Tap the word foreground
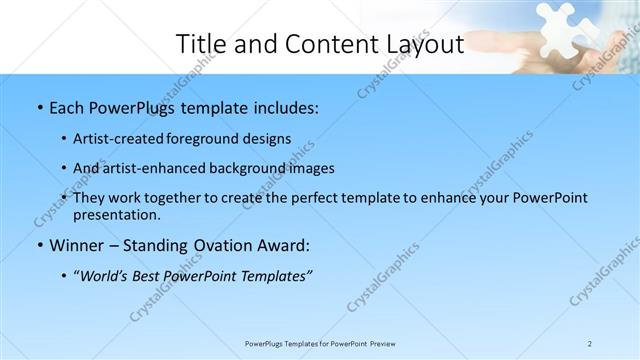click(x=210, y=138)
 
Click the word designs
click(x=268, y=138)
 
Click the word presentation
click(x=117, y=214)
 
